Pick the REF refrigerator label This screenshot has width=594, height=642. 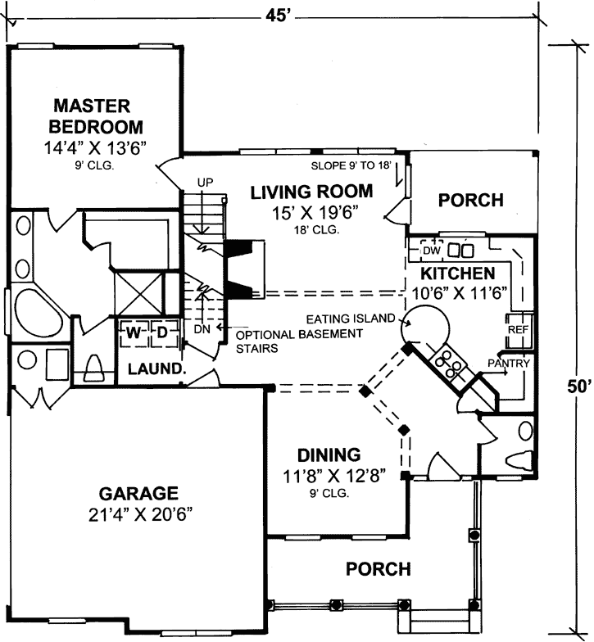(x=518, y=328)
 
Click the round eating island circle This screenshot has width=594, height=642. (x=427, y=324)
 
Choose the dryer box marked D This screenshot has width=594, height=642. (x=162, y=332)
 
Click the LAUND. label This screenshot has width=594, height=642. (x=155, y=368)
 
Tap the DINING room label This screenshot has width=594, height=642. (x=329, y=454)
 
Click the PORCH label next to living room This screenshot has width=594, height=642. (x=470, y=200)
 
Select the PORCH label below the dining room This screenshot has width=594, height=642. (x=378, y=567)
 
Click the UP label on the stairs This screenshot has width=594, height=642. (x=205, y=182)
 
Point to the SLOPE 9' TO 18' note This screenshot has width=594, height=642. (x=352, y=165)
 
